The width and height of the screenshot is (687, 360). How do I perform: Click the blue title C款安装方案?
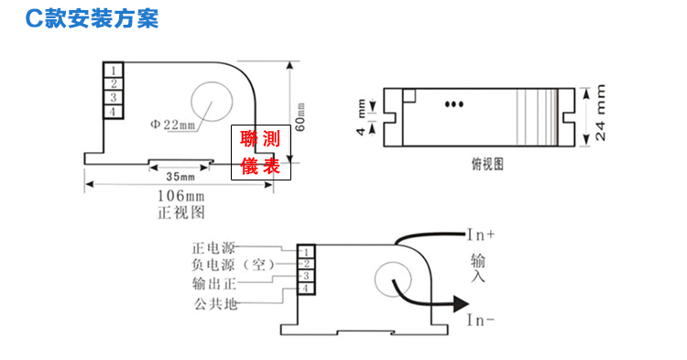coord(92,18)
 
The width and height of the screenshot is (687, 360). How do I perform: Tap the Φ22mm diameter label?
coord(172,125)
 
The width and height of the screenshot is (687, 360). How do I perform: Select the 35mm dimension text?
coord(180,177)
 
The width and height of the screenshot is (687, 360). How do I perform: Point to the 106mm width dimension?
coord(180,195)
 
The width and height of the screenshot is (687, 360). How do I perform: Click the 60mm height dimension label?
coord(300,117)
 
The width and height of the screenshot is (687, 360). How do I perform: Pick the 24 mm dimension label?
coord(600,113)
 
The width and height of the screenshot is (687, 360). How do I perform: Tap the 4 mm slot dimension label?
coord(361,117)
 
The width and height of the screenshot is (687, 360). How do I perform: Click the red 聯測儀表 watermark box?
coord(261,152)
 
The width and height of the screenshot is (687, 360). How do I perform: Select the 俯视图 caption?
coord(487,164)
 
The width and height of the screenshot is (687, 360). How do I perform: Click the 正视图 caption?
coord(181,213)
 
